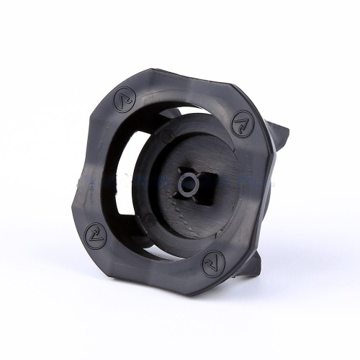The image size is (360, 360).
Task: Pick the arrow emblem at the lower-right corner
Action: (x=211, y=262)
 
